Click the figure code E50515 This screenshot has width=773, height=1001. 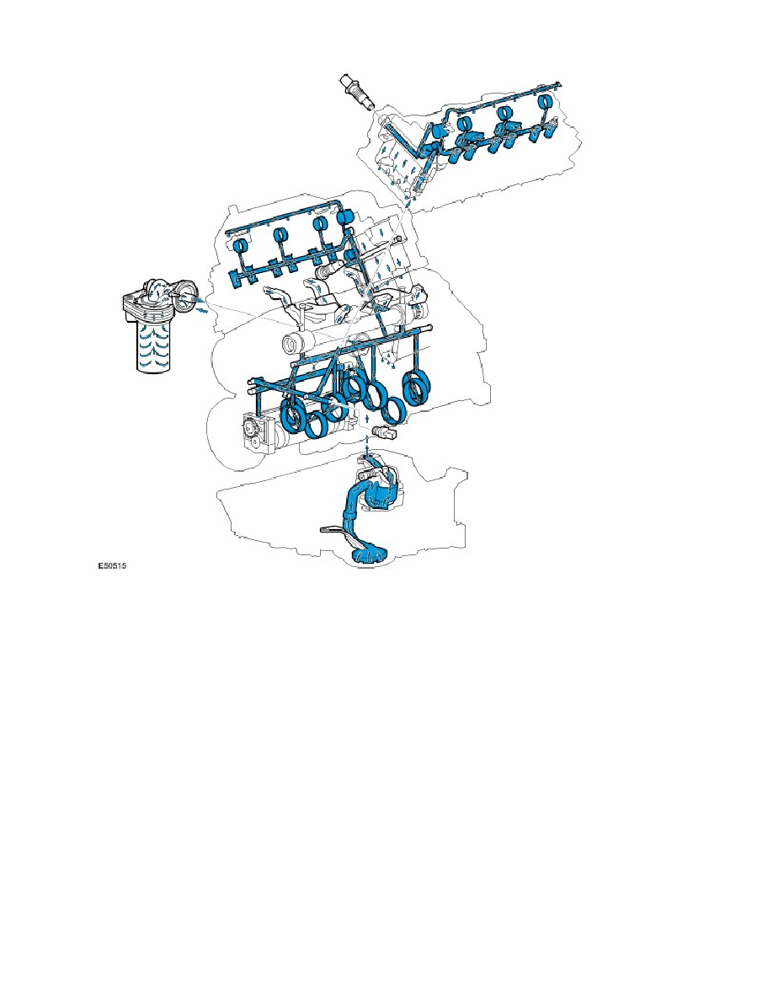(116, 569)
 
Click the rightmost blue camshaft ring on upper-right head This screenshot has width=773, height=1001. (544, 105)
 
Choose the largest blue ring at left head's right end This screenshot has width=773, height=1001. (344, 217)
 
